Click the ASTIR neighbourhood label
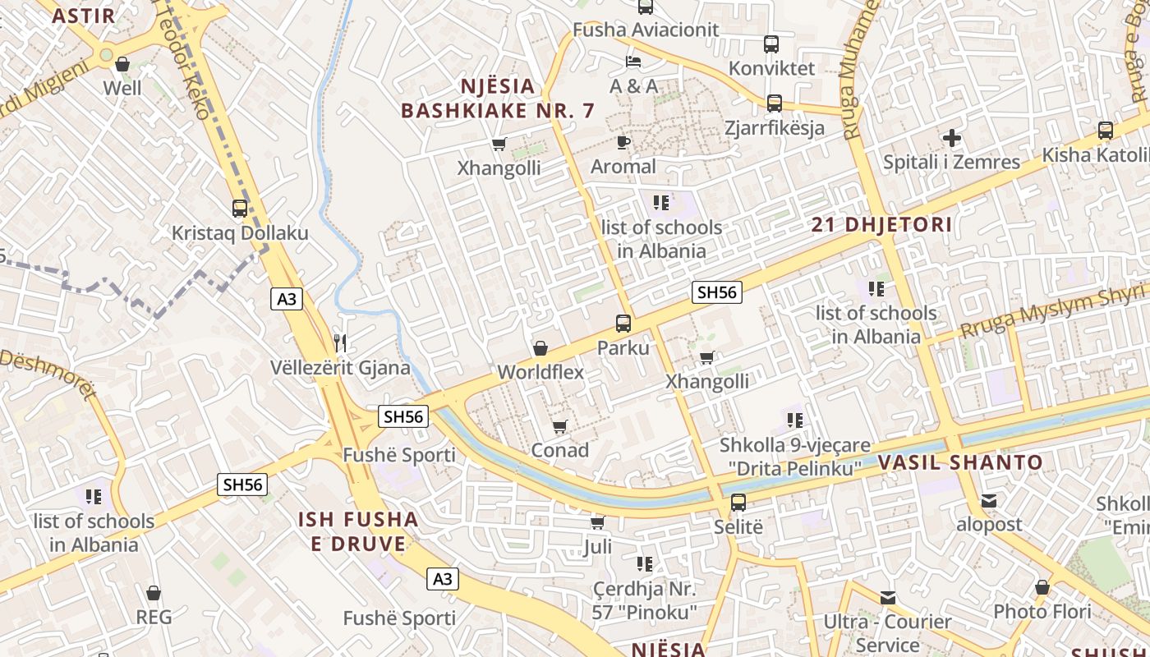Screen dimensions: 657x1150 (x=83, y=15)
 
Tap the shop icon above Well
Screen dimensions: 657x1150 (x=122, y=64)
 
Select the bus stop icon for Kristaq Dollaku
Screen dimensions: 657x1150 (x=240, y=209)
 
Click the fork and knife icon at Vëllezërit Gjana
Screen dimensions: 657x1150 (x=341, y=342)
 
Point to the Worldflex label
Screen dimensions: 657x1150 (x=540, y=372)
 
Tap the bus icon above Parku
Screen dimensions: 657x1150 (x=623, y=324)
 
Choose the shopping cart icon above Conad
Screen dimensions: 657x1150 (x=560, y=426)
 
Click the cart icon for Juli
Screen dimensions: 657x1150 (x=598, y=523)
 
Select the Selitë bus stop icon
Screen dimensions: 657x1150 (x=738, y=503)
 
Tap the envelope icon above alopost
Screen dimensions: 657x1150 (x=989, y=501)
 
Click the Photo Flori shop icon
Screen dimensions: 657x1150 (x=1042, y=588)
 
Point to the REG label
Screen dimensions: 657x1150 (x=154, y=617)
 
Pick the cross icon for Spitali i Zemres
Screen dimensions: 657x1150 (x=952, y=138)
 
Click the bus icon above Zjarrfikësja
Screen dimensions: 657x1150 (x=774, y=103)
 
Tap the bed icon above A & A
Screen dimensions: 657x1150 (x=632, y=62)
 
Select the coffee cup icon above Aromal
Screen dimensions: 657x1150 (x=623, y=142)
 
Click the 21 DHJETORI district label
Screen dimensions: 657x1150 (x=881, y=224)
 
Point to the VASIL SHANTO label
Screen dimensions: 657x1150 (x=960, y=462)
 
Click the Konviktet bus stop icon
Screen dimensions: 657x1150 (x=771, y=44)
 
